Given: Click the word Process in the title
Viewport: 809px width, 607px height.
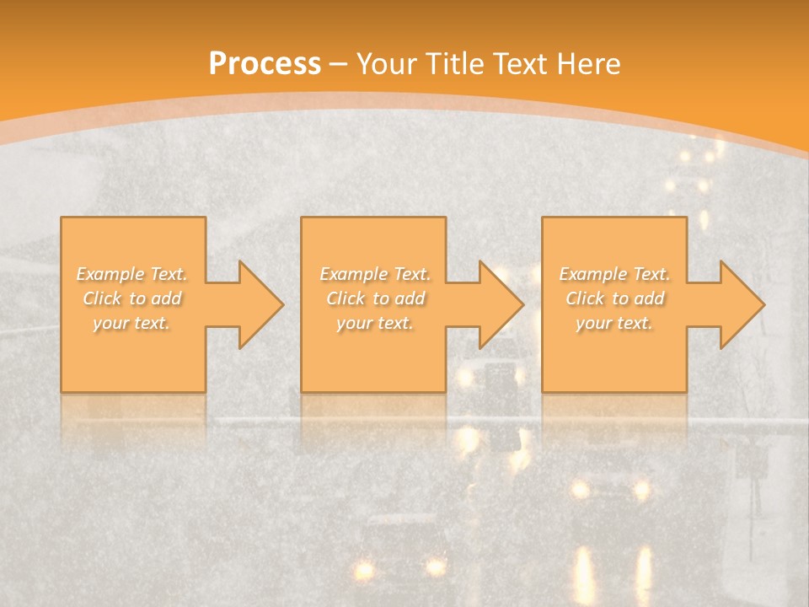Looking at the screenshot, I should point(265,64).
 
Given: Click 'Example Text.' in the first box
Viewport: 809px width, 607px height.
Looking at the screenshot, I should point(131,274).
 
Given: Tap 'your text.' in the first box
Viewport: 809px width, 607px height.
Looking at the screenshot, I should point(131,323).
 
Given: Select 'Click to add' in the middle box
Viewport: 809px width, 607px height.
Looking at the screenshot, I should point(375,298).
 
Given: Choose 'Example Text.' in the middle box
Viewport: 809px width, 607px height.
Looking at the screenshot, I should point(375,274).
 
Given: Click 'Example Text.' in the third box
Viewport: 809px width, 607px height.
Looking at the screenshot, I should point(614,274).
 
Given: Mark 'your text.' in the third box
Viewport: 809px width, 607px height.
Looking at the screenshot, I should point(614,323).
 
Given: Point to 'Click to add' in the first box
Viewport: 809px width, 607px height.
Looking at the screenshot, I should point(131,298).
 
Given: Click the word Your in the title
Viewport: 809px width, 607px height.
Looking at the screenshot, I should point(384,64).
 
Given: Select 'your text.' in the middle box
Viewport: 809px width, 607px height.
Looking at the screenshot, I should point(375,323).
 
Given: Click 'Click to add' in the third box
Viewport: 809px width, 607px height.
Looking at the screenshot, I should point(614,298).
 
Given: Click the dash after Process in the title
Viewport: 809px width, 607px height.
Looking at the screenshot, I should point(339,64).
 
